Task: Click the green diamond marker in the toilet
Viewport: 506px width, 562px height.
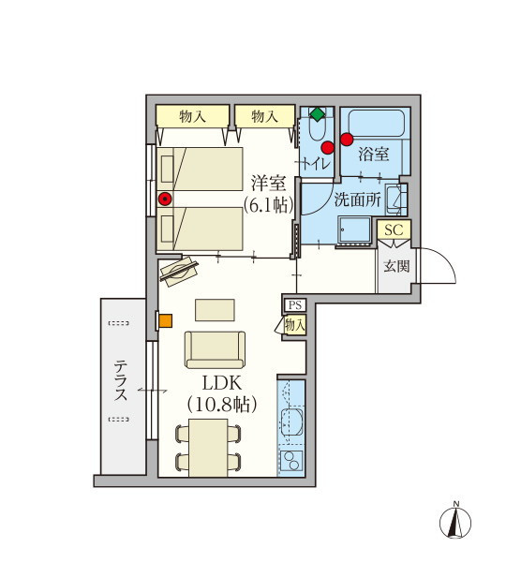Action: click(x=318, y=114)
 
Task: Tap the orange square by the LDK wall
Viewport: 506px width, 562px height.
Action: click(x=166, y=320)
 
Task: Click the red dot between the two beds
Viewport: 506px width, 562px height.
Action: click(x=165, y=199)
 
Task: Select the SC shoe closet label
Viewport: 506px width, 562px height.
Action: click(x=394, y=229)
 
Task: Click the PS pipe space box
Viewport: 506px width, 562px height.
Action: click(x=295, y=305)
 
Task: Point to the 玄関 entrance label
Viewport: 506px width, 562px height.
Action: click(x=396, y=266)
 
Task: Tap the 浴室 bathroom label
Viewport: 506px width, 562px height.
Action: click(x=374, y=155)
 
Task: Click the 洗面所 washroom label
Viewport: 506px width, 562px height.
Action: click(x=358, y=200)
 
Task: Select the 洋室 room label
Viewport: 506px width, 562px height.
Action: click(x=268, y=184)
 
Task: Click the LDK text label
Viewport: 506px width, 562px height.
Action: click(x=222, y=383)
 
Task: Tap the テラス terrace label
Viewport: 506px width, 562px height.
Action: click(x=121, y=380)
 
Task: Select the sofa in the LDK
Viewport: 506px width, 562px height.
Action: click(x=216, y=349)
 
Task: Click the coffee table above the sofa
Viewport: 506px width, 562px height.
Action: click(x=215, y=310)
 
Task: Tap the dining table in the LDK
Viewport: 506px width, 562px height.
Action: click(x=208, y=448)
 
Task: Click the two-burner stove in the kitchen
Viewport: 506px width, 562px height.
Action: click(x=290, y=460)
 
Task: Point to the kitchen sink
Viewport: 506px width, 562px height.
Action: click(x=291, y=420)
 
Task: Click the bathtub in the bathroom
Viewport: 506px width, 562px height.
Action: click(x=377, y=124)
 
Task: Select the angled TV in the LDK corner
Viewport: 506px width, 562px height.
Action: click(x=179, y=272)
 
